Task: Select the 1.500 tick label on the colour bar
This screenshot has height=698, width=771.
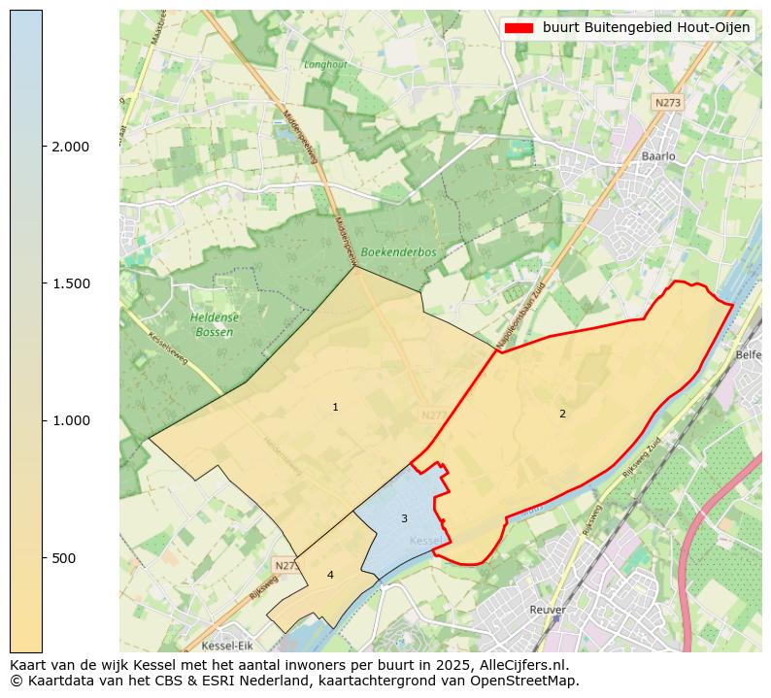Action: point(70,283)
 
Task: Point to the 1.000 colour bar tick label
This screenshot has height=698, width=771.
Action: point(70,420)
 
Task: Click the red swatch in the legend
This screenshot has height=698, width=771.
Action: point(520,28)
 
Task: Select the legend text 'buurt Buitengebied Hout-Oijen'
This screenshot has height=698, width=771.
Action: point(646,28)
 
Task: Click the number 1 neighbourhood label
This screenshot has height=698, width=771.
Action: point(335,408)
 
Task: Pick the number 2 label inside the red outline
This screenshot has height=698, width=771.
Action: point(562,415)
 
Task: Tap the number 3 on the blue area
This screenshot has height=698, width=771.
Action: point(404,518)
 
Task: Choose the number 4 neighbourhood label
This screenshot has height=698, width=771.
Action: point(330,575)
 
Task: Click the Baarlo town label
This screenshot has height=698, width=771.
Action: point(658,155)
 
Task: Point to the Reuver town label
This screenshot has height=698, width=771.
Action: point(548,610)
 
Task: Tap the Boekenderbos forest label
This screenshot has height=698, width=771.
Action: point(398,252)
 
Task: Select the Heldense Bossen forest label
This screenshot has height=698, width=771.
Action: point(214,324)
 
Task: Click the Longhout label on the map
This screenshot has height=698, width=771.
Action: point(325,65)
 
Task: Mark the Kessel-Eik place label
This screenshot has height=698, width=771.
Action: point(226,646)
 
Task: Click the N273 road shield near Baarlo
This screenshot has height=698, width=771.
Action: point(667,103)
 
